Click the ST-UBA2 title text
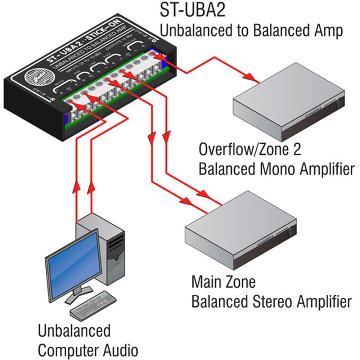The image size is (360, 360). [192, 11]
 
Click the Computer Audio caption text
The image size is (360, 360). [88, 350]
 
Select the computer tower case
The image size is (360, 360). [108, 248]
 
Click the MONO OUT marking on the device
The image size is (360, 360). [132, 44]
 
